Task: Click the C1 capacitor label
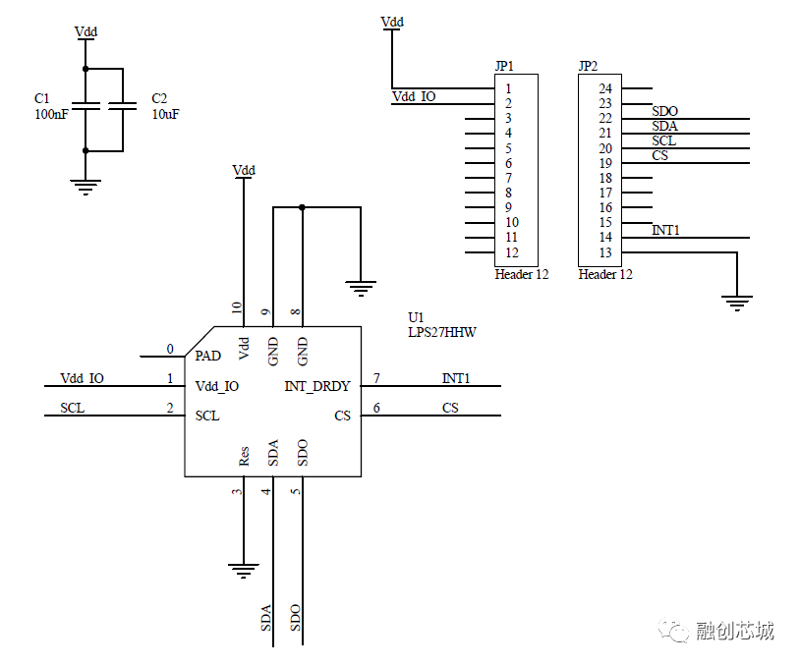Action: (42, 98)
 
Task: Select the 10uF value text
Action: (165, 114)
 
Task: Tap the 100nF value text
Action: (51, 114)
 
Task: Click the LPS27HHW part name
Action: (442, 332)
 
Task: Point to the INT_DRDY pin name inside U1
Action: (317, 387)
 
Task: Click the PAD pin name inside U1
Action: (207, 356)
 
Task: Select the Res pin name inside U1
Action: (244, 456)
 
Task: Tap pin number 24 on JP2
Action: (605, 88)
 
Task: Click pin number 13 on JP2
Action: (605, 252)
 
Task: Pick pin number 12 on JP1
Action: (512, 252)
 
